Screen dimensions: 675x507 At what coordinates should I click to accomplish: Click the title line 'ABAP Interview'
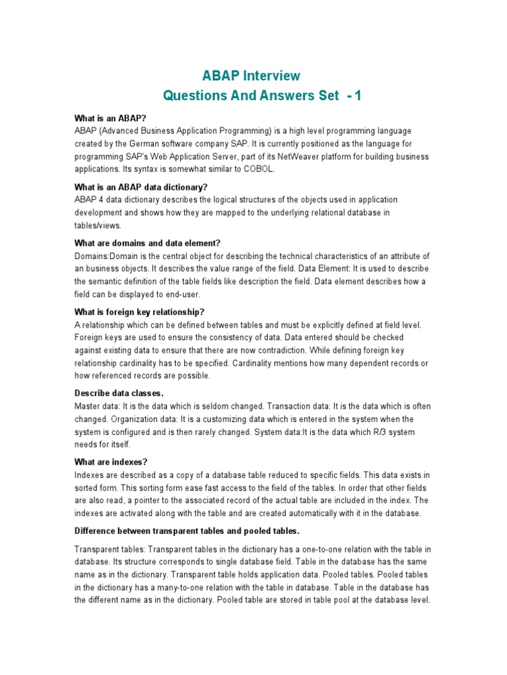point(251,76)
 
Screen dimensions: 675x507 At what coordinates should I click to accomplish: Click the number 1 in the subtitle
point(358,96)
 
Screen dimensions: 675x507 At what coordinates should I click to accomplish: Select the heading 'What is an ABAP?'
point(110,118)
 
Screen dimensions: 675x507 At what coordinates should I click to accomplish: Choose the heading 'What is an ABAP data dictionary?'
point(141,187)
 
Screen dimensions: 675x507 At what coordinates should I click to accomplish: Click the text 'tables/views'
point(98,225)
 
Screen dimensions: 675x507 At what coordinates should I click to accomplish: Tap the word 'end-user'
point(181,294)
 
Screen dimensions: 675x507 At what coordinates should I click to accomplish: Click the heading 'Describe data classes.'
point(119,394)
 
